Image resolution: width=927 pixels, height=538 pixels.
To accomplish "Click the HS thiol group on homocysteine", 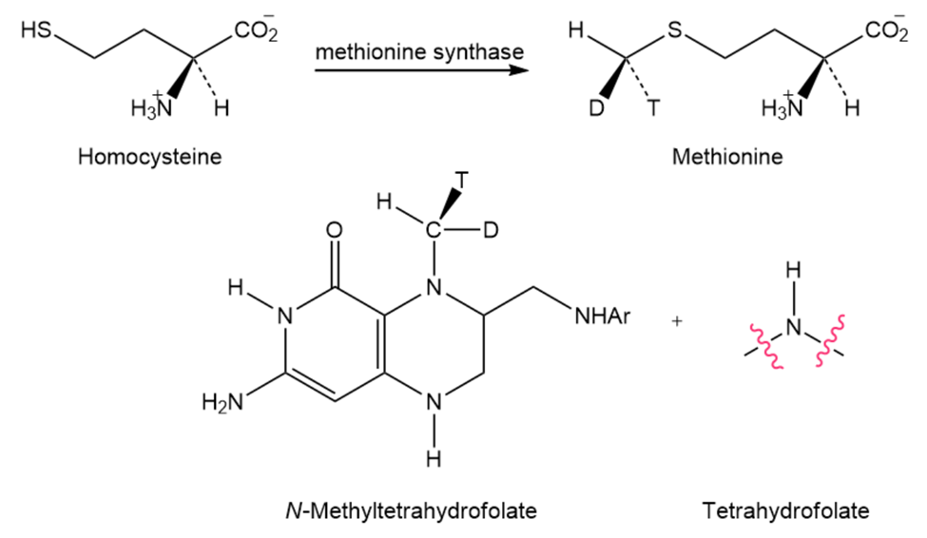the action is coord(36,29).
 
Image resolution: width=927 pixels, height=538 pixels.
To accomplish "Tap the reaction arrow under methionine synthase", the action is coord(421,70).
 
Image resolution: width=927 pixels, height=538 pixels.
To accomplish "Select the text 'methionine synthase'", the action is coord(419,51).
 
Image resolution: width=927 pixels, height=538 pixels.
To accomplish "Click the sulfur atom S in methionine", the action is coord(674,29).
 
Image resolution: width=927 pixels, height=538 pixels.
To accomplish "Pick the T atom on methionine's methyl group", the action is coord(652,108).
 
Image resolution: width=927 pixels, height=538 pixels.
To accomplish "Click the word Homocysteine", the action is coord(149,157).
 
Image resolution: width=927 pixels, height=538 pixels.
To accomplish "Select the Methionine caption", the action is coord(727,157).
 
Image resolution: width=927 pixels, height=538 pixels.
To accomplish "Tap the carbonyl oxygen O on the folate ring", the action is coord(335,230).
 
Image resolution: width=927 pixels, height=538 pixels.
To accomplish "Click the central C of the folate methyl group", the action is coord(434,230).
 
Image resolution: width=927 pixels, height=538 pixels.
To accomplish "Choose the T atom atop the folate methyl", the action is coord(461,180).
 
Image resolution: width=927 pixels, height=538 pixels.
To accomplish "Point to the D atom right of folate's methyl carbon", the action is coord(491,230).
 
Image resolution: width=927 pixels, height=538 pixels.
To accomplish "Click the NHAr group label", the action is coord(603,317).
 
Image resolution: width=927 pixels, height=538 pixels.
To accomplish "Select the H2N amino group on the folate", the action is coord(222,403).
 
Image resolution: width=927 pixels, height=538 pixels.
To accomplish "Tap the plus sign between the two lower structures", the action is coord(677,321).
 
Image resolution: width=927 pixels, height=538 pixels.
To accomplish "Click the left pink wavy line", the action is coord(767,345).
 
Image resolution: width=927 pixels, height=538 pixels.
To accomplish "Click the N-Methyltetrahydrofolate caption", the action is coord(411,510).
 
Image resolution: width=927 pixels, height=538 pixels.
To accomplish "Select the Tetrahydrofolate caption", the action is coord(785,510).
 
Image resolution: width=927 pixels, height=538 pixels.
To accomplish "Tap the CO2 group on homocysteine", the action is coord(256,29).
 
